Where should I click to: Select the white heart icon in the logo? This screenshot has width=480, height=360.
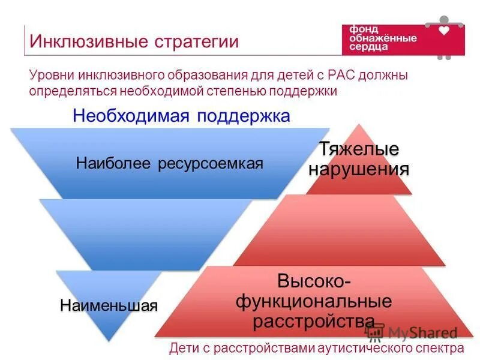pos(444,30)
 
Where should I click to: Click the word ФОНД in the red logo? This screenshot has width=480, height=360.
pos(361,29)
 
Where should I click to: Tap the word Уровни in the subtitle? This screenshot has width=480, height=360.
pos(51,76)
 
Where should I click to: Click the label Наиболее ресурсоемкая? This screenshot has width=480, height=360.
pos(170,164)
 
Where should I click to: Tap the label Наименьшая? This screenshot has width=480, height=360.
pos(109,305)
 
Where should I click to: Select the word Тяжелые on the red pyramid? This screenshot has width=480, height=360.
pos(359,149)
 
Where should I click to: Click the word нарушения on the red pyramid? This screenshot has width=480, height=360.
pos(359,169)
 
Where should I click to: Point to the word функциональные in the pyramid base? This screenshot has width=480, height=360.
pos(313,301)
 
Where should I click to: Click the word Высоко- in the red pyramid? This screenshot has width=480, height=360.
pos(314,280)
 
